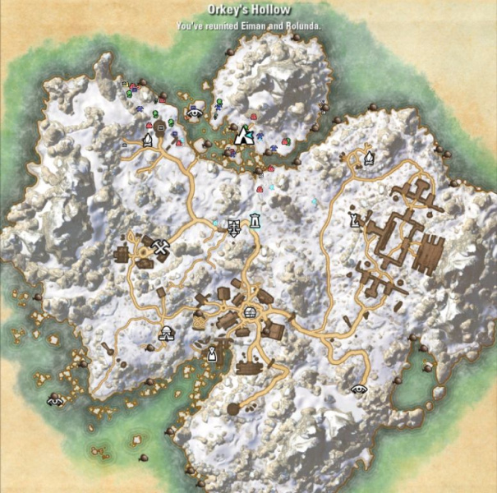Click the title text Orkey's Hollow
(249, 11)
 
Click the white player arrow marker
(243, 136)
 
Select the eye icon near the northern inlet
(196, 112)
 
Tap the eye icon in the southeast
(359, 387)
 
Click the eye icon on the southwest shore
(56, 400)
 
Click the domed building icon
(166, 334)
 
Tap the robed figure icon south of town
(212, 353)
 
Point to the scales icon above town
(235, 227)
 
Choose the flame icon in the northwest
(148, 140)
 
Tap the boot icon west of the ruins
(354, 219)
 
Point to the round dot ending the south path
(233, 408)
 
